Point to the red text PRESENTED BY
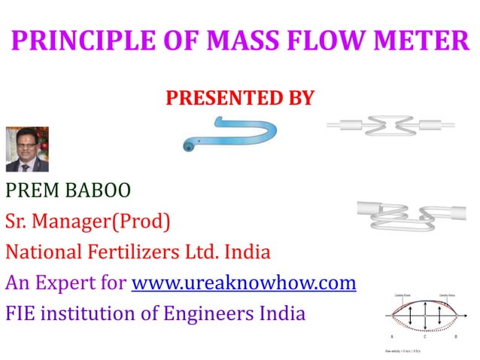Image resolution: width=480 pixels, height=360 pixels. click(238, 99)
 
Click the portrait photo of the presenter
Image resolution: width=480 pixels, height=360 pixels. click(26, 149)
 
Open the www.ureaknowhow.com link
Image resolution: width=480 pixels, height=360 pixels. click(243, 283)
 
